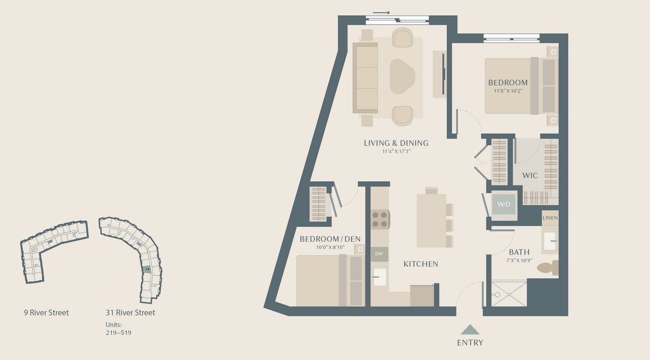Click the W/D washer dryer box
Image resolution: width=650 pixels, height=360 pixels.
click(504, 204)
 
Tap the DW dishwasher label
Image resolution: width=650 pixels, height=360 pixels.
click(380, 254)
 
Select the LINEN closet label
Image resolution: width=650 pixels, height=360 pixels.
click(550, 217)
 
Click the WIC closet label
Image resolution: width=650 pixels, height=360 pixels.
click(530, 176)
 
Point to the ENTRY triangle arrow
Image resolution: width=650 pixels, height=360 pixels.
click(470, 330)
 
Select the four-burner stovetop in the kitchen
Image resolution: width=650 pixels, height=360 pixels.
click(380, 219)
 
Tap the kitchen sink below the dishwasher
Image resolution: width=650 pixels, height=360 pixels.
click(380, 277)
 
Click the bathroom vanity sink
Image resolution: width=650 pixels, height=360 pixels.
click(550, 241)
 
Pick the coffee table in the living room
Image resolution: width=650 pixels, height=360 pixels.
click(402, 77)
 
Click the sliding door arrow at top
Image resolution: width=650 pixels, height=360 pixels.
click(382, 13)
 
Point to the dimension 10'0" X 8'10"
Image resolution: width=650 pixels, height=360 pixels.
click(330, 247)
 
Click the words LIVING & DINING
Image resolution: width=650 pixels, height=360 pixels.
click(396, 143)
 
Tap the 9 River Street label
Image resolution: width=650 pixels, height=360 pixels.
click(46, 313)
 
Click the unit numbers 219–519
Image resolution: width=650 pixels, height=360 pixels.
click(118, 332)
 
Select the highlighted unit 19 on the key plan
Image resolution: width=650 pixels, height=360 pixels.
click(147, 269)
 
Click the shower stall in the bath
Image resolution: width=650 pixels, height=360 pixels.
click(509, 296)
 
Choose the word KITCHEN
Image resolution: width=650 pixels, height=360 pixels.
click(420, 264)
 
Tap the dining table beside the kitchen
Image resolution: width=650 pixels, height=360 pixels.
click(431, 221)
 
